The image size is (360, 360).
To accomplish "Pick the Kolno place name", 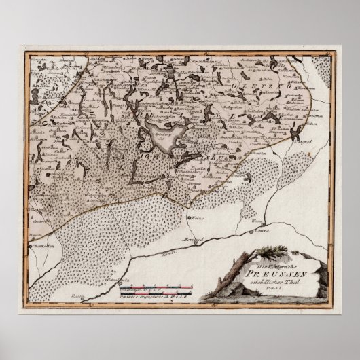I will [198, 219].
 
